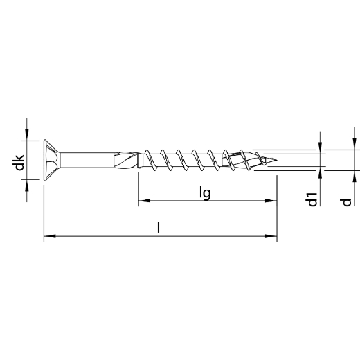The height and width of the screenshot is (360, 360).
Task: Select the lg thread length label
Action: [x=206, y=192]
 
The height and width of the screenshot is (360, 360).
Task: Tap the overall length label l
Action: [x=159, y=227]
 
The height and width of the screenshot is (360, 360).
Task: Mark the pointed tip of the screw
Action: [x=280, y=161]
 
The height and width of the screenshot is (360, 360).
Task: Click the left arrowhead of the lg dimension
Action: [x=143, y=201]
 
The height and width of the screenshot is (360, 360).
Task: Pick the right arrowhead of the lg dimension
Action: [x=272, y=201]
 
